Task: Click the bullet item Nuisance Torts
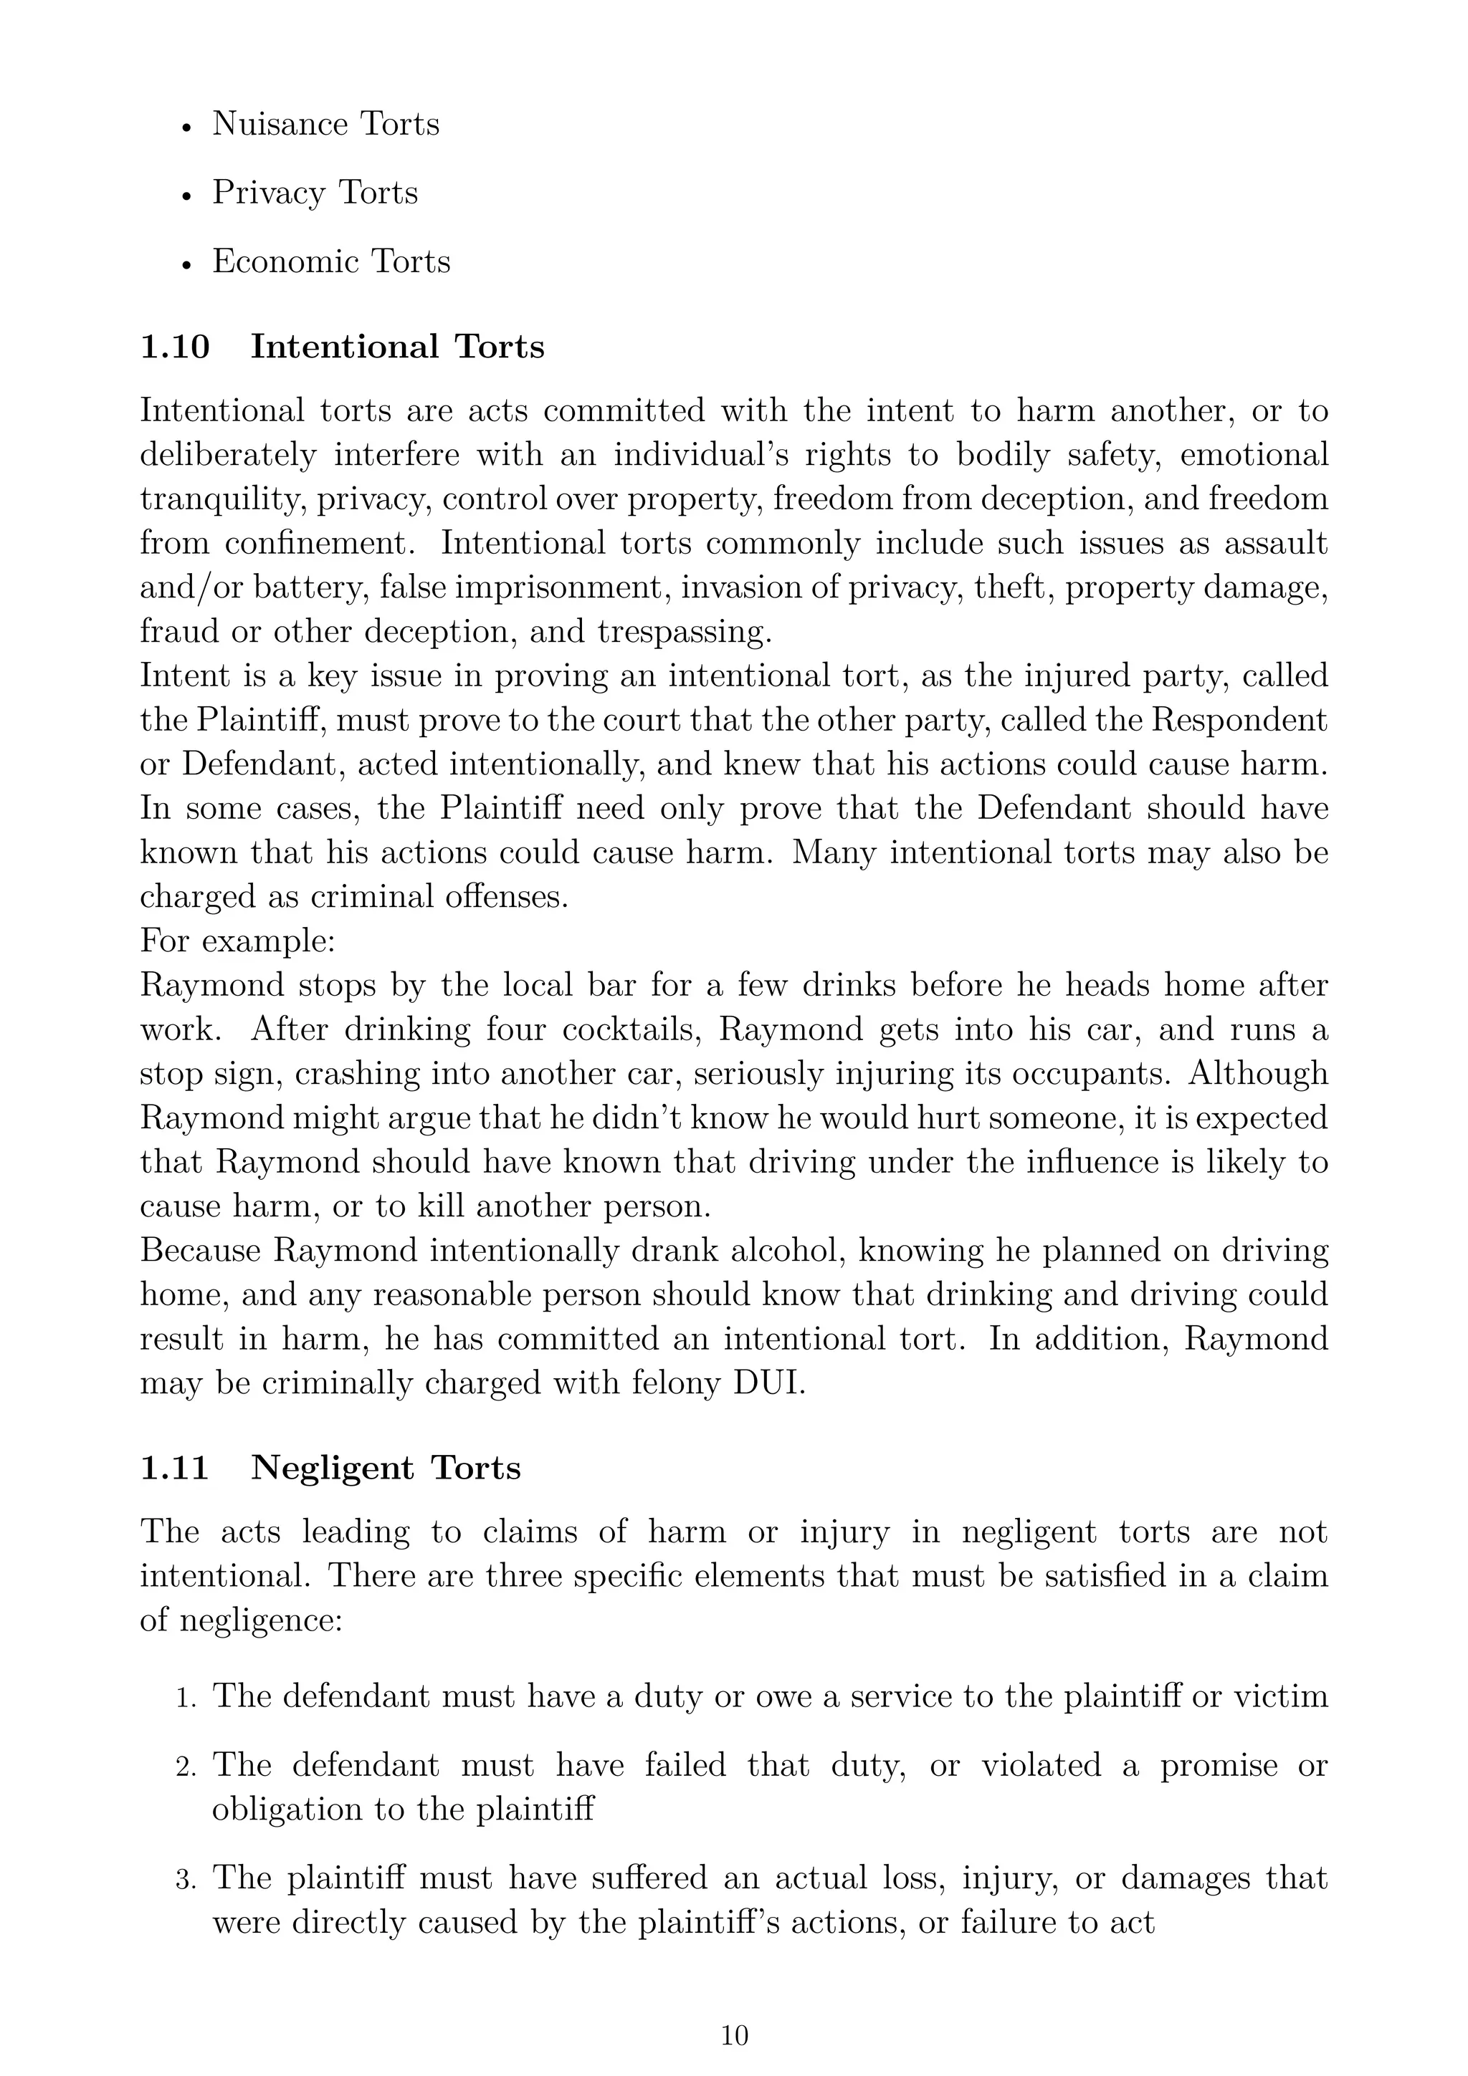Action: point(325,124)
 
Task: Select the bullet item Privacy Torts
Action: point(314,193)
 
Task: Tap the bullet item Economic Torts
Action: point(330,261)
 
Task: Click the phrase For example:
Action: point(238,941)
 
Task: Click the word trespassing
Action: point(685,632)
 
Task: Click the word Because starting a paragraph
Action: point(200,1251)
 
